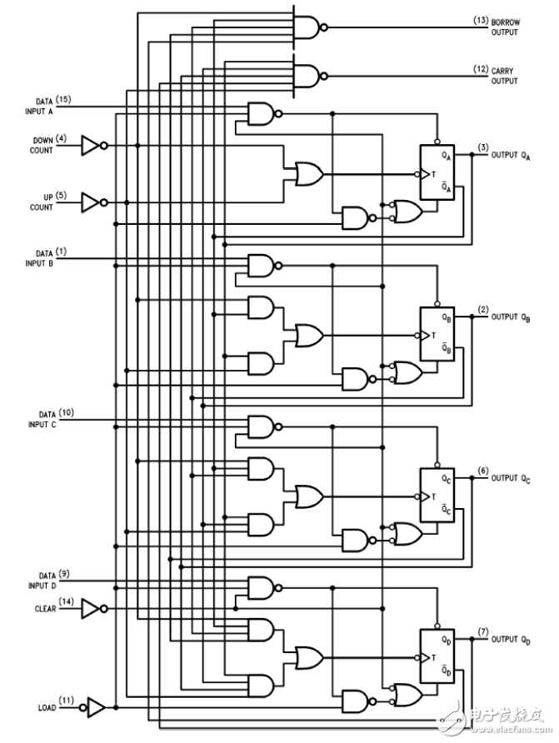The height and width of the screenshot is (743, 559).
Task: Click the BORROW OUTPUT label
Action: [505, 27]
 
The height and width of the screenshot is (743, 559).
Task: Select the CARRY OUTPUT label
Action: [504, 76]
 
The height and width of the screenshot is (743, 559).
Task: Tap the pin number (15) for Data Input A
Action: [63, 99]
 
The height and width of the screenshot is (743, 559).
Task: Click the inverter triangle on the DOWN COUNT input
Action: [90, 146]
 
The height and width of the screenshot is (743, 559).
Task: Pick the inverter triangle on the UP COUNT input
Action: [90, 202]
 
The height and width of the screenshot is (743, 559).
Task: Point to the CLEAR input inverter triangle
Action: [90, 608]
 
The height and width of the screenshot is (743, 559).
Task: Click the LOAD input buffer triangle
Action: [96, 707]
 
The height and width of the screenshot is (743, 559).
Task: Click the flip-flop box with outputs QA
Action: [437, 172]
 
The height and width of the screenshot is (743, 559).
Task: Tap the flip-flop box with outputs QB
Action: [437, 333]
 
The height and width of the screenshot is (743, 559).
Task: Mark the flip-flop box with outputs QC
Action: [437, 495]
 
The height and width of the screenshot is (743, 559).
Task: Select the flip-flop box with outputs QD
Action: [437, 656]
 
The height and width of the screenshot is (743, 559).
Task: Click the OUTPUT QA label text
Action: [511, 156]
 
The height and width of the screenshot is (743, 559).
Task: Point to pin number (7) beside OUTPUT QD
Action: [482, 631]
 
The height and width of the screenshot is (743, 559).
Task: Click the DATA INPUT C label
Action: [42, 420]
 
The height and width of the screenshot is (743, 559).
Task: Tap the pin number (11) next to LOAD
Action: [67, 700]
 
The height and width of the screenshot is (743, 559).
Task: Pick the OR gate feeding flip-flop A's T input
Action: [309, 174]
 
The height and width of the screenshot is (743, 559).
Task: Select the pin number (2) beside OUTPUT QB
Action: [482, 310]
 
